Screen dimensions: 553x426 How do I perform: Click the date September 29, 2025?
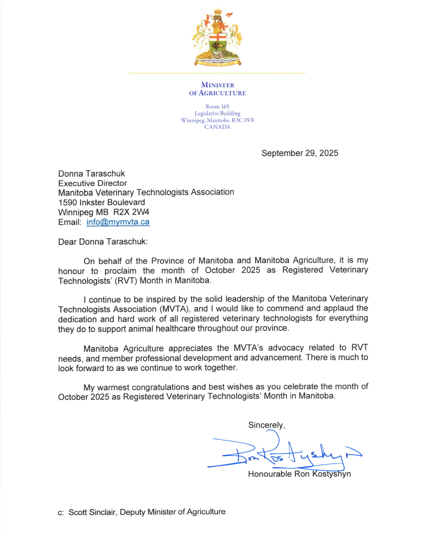[300, 153]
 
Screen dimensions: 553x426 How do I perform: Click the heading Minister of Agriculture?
[217, 89]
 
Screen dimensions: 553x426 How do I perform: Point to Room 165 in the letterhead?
[217, 107]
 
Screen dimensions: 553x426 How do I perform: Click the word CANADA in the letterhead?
[217, 127]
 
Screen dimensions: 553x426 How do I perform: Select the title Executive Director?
[93, 183]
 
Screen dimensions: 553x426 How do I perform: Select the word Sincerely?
[266, 425]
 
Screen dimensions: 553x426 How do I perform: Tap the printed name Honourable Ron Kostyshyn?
[299, 474]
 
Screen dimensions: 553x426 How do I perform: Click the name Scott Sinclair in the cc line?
[91, 511]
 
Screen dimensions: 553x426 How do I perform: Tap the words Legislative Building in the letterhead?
[217, 114]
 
